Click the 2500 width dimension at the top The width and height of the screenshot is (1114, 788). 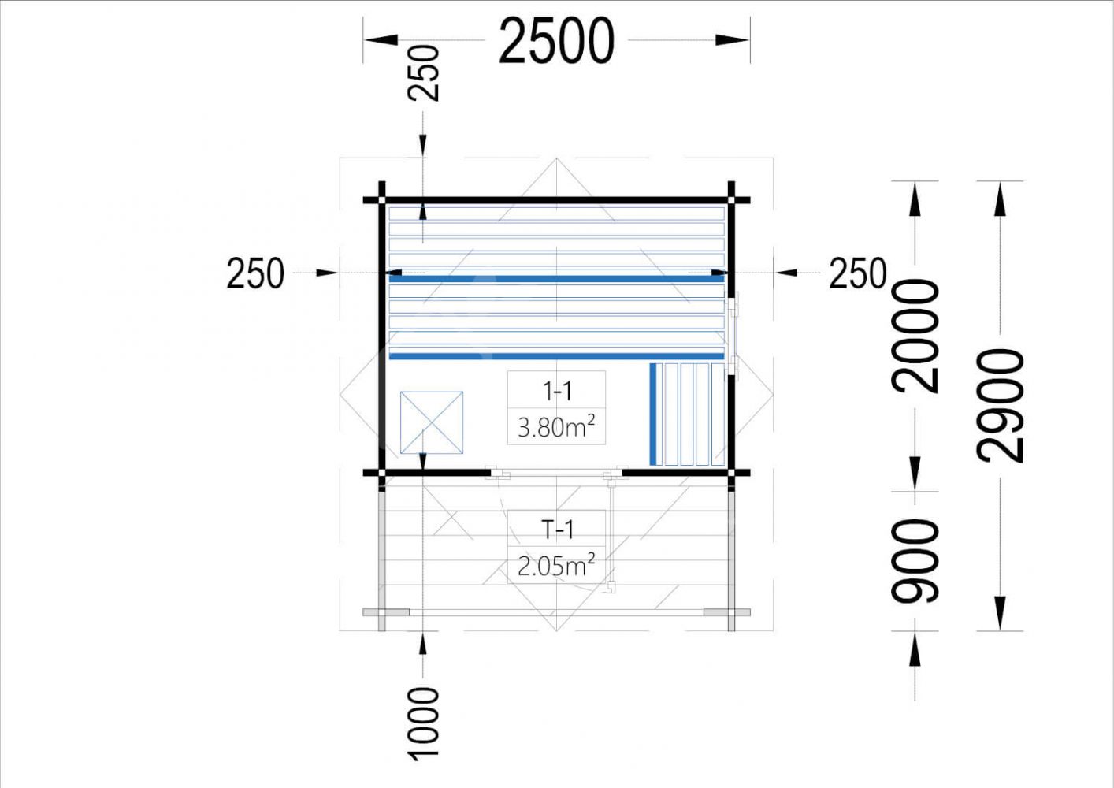coord(556,40)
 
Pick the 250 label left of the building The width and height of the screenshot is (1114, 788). coord(255,273)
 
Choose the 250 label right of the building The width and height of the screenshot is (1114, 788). coord(858,273)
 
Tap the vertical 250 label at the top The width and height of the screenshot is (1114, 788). coord(423,73)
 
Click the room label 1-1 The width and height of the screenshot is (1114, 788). coord(557,392)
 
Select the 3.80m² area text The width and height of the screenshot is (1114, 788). coord(556,426)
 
